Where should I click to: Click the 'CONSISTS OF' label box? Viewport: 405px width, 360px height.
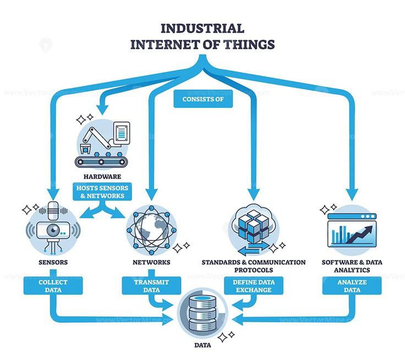tap(202, 100)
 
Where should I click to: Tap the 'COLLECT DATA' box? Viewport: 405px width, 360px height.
tap(53, 286)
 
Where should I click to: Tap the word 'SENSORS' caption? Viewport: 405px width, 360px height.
tap(53, 263)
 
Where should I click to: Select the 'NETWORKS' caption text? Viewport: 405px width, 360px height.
tap(151, 263)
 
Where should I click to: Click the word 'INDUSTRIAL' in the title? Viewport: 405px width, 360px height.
tap(201, 29)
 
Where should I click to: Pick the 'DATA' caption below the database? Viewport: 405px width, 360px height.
tap(201, 346)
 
